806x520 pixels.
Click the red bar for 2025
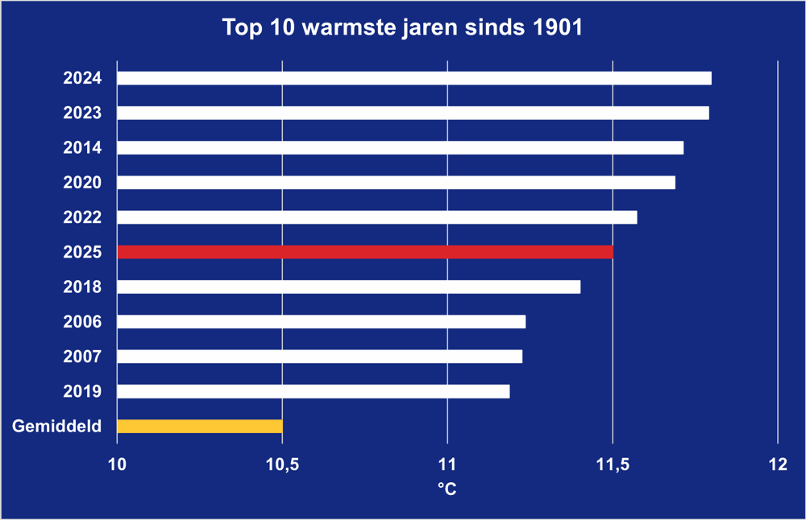364,252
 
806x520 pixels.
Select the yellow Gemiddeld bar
199,426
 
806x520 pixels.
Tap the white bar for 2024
413,78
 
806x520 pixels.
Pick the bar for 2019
313,391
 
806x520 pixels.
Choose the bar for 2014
400,147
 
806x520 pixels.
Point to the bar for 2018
348,287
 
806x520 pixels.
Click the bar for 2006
321,322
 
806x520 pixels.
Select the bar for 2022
376,217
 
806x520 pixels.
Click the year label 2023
82,113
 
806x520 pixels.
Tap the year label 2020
82,183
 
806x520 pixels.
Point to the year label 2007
82,357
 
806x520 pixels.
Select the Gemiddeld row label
57,427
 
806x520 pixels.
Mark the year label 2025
82,253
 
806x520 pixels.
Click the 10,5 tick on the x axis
282,464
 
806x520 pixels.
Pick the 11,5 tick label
613,464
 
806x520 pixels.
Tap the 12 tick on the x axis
777,464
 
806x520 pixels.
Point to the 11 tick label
447,464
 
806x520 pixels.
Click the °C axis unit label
447,489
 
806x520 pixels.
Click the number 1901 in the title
555,28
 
